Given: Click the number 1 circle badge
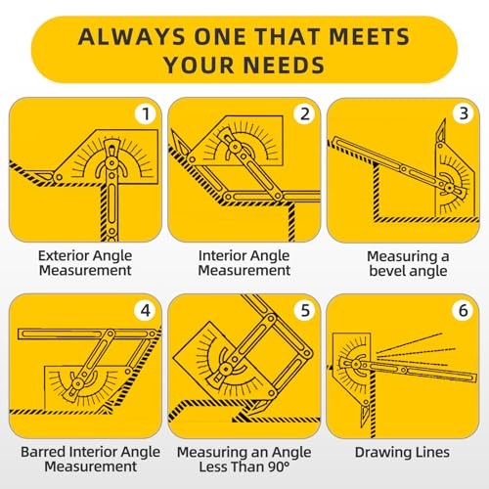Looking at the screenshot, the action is pyautogui.click(x=146, y=113).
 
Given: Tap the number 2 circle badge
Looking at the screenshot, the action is pyautogui.click(x=304, y=113).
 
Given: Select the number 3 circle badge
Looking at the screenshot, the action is pyautogui.click(x=464, y=113).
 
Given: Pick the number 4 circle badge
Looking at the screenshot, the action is pyautogui.click(x=145, y=310).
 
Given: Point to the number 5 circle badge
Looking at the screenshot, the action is pyautogui.click(x=304, y=310).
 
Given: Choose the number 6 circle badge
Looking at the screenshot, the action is pyautogui.click(x=463, y=310).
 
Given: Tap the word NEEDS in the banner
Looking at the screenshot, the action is pyautogui.click(x=284, y=65).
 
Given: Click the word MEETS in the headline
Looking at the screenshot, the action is pyautogui.click(x=370, y=36).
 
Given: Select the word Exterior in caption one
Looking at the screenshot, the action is pyautogui.click(x=62, y=255).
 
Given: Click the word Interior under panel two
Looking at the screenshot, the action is pyautogui.click(x=220, y=255).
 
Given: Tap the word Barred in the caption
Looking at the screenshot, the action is pyautogui.click(x=43, y=452).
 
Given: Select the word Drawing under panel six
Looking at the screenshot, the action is pyautogui.click(x=378, y=453).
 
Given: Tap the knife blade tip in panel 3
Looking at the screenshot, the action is pyautogui.click(x=445, y=119).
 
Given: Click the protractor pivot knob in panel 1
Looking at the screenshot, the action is pyautogui.click(x=112, y=162).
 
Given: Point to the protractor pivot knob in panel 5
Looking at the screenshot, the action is pyautogui.click(x=225, y=369).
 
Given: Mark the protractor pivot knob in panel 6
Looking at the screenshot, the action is pyautogui.click(x=355, y=365).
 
